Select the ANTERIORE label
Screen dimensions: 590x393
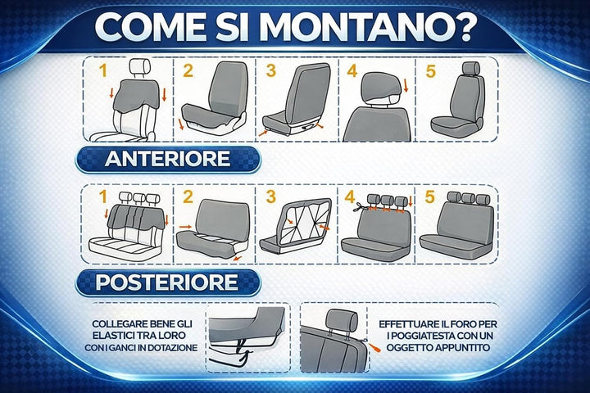pos(167,159)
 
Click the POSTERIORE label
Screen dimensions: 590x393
pos(167,282)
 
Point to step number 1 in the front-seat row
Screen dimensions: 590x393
pos(102,70)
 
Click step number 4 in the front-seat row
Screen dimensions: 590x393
pos(352,70)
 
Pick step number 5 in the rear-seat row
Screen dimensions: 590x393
pos(430,196)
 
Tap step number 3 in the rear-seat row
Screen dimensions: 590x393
pos(271,196)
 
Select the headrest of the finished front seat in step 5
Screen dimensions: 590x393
pos(470,68)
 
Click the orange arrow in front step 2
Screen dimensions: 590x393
pos(181,124)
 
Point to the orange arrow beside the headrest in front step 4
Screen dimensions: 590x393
pos(406,85)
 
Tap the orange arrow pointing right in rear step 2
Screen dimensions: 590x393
pos(184,227)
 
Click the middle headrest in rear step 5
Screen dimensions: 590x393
pos(468,198)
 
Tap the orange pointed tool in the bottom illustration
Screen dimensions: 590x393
pos(374,347)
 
